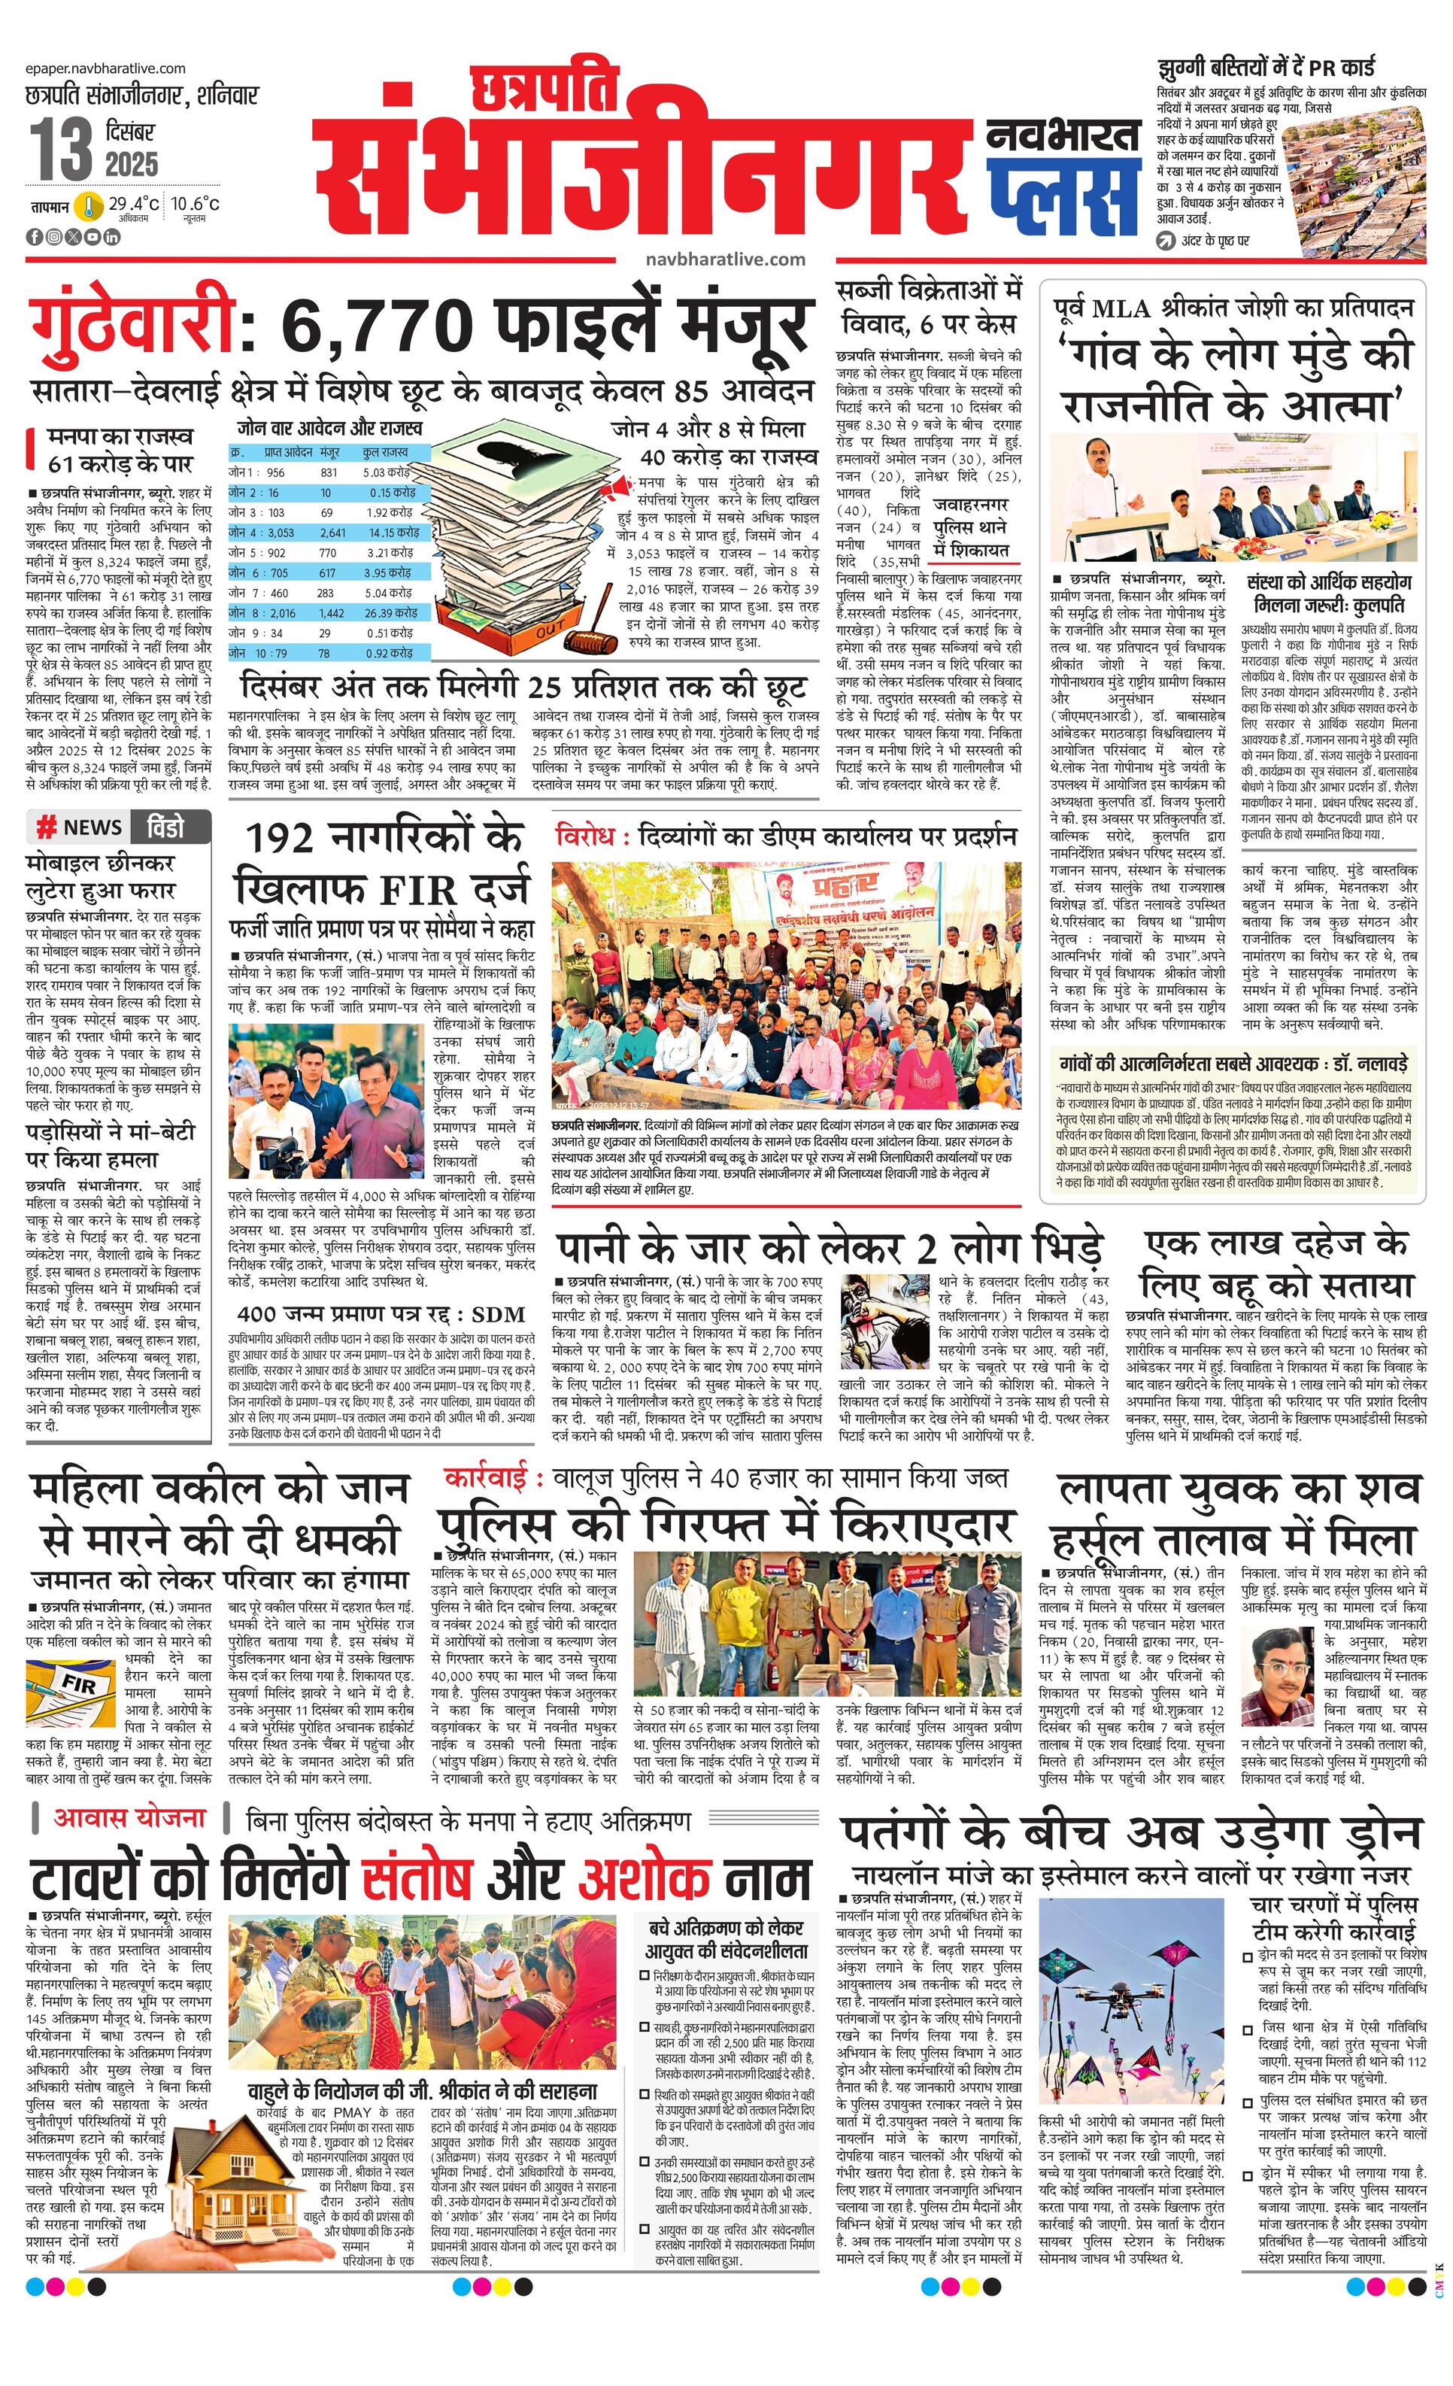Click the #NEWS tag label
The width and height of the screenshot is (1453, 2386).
click(80, 827)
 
